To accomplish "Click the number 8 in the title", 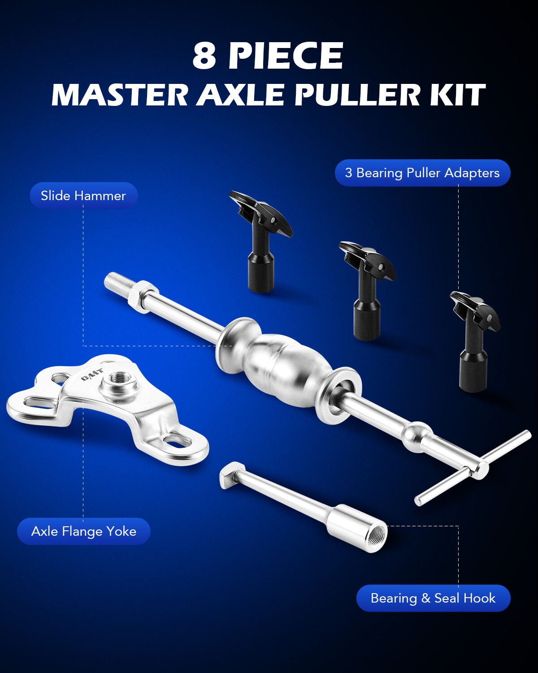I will point(204,56).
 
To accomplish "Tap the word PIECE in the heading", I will point(286,56).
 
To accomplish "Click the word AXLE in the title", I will point(240,95).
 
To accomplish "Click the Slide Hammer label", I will point(83,196).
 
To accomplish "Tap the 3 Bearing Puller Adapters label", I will point(422,173).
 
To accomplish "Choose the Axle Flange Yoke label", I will point(84,531).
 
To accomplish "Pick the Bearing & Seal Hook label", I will point(433,598).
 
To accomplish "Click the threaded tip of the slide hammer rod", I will point(116,283).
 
